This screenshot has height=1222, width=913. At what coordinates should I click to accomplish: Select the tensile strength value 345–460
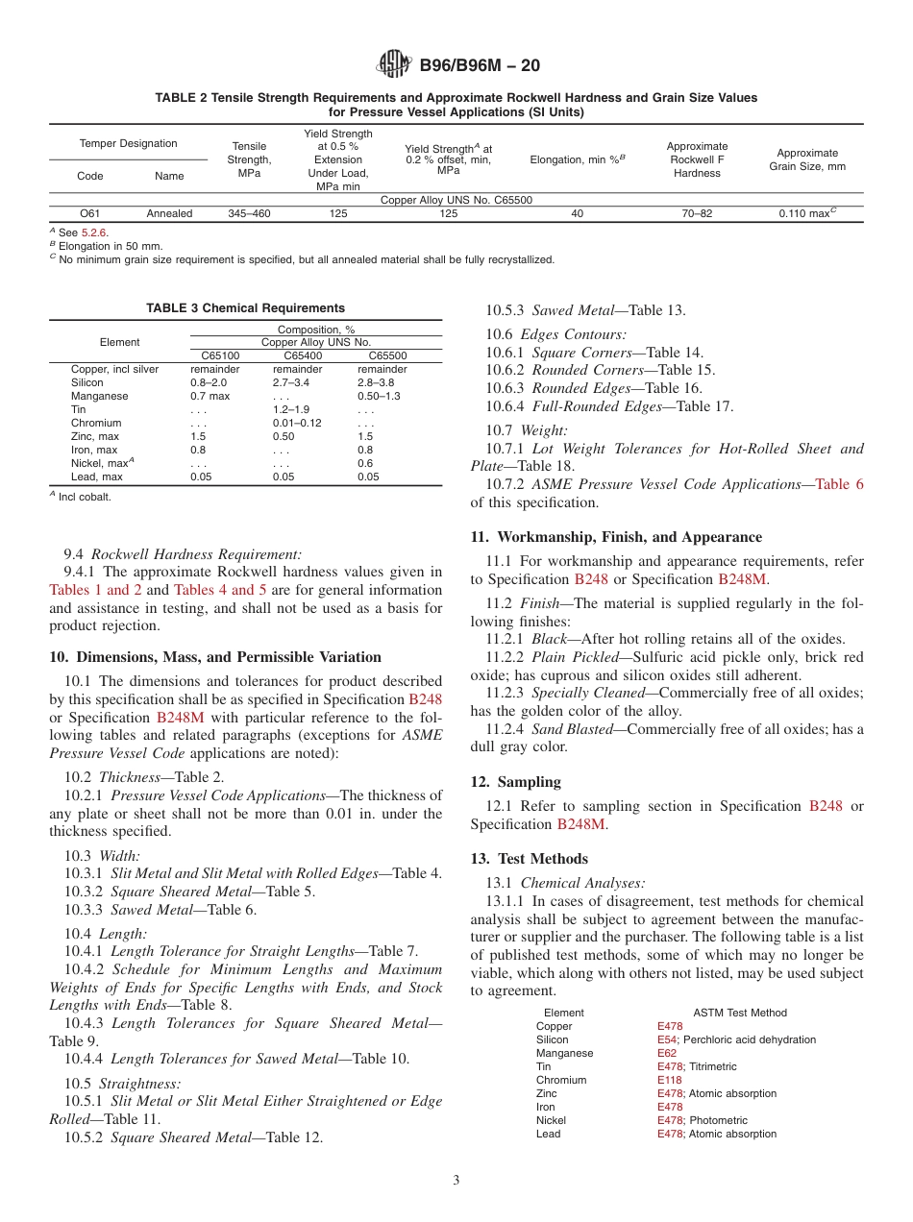click(249, 214)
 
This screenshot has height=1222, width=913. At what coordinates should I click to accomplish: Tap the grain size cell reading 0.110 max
click(807, 214)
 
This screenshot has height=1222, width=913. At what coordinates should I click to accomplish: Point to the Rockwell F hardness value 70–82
click(697, 214)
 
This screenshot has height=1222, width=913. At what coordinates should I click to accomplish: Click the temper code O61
click(91, 214)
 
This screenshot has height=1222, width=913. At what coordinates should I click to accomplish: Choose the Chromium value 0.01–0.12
click(297, 423)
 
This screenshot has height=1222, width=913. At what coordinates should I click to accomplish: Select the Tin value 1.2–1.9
click(290, 409)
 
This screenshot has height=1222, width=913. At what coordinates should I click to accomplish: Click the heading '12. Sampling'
click(515, 782)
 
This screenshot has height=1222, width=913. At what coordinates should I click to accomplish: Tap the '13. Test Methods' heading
click(529, 859)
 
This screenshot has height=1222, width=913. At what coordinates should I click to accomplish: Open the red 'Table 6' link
click(839, 484)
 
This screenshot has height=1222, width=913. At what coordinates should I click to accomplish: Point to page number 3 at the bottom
click(456, 1181)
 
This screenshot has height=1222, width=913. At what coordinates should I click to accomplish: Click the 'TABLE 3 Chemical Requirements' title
click(245, 308)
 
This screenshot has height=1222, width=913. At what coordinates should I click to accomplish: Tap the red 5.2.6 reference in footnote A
click(94, 232)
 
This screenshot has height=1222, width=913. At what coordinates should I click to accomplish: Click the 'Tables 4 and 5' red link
click(220, 590)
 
